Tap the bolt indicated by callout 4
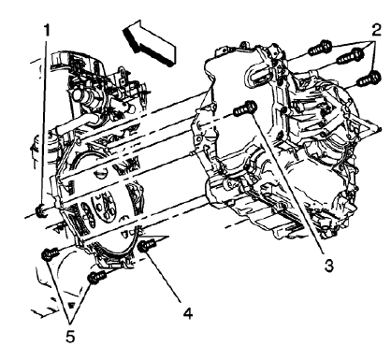pyautogui.click(x=146, y=246)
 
